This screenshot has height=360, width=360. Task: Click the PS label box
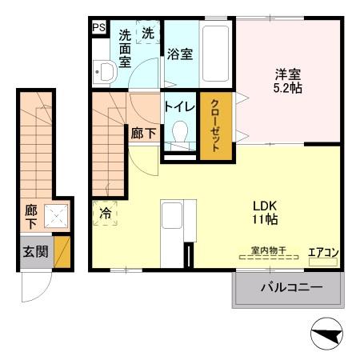[x=98, y=28]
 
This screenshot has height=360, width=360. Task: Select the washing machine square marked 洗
[x=148, y=34]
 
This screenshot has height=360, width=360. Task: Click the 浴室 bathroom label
[x=179, y=54]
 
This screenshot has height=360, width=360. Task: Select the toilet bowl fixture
[x=180, y=132]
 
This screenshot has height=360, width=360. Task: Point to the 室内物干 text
[x=268, y=250]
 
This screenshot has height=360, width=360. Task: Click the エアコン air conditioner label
[x=324, y=254]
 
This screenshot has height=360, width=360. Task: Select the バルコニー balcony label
[x=290, y=288]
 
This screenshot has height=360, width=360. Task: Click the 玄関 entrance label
[x=34, y=251]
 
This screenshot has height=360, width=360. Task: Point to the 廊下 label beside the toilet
[x=144, y=134]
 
